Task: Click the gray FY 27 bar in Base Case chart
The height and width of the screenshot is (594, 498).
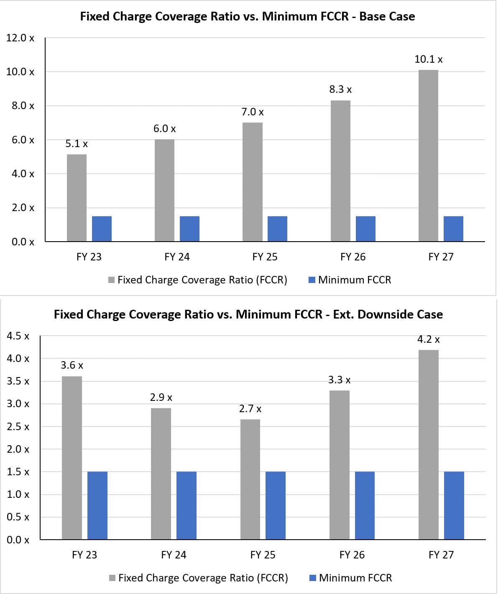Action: pyautogui.click(x=428, y=156)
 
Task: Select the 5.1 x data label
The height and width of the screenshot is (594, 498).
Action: pyautogui.click(x=77, y=144)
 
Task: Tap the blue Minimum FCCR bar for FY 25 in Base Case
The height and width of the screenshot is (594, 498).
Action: pyautogui.click(x=277, y=229)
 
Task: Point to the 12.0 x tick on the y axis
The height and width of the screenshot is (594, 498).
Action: pyautogui.click(x=20, y=38)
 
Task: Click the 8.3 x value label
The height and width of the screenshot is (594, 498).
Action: pyautogui.click(x=340, y=89)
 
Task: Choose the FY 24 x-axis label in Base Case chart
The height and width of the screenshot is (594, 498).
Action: pyautogui.click(x=177, y=257)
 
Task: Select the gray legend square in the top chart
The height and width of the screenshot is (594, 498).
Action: pyautogui.click(x=112, y=280)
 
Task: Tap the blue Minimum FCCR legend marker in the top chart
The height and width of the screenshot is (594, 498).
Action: pyautogui.click(x=312, y=280)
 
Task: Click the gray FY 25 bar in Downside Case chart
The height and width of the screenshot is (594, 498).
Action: pyautogui.click(x=250, y=479)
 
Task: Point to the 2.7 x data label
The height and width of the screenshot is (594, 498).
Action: pyautogui.click(x=250, y=409)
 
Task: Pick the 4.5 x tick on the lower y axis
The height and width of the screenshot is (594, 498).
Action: pyautogui.click(x=18, y=336)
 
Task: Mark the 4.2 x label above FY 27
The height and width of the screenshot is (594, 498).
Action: pyautogui.click(x=428, y=339)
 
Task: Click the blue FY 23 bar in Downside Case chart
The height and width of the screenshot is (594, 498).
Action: pyautogui.click(x=97, y=505)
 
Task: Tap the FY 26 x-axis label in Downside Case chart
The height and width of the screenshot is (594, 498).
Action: pyautogui.click(x=352, y=555)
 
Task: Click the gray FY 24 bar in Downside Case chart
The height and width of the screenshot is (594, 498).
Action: pyautogui.click(x=161, y=474)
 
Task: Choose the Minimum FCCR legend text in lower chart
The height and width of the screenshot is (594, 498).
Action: pyautogui.click(x=355, y=578)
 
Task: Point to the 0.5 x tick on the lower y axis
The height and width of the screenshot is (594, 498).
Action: pyautogui.click(x=18, y=517)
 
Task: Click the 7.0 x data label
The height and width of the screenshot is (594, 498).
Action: pyautogui.click(x=253, y=112)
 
